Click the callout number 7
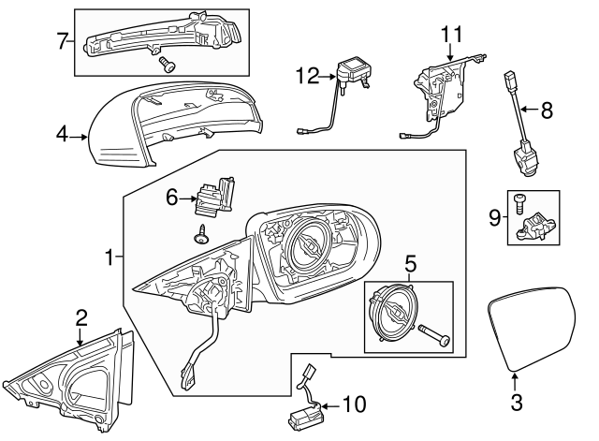(x=62, y=40)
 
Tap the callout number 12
(x=307, y=76)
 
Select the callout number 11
(x=452, y=35)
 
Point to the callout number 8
(x=547, y=110)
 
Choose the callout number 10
(x=355, y=404)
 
